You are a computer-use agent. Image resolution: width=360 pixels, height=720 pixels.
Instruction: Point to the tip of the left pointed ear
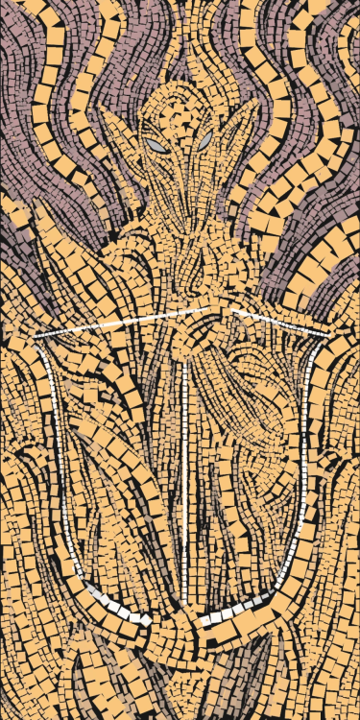click(x=100, y=108)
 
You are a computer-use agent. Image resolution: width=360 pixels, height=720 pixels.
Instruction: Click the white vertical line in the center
click(x=182, y=432)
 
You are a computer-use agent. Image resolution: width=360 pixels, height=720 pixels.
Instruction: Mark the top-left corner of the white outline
click(x=36, y=336)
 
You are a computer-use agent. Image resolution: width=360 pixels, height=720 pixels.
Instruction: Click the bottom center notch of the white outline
click(x=182, y=626)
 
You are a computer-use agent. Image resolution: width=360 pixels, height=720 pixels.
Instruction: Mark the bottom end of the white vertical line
click(x=183, y=538)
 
